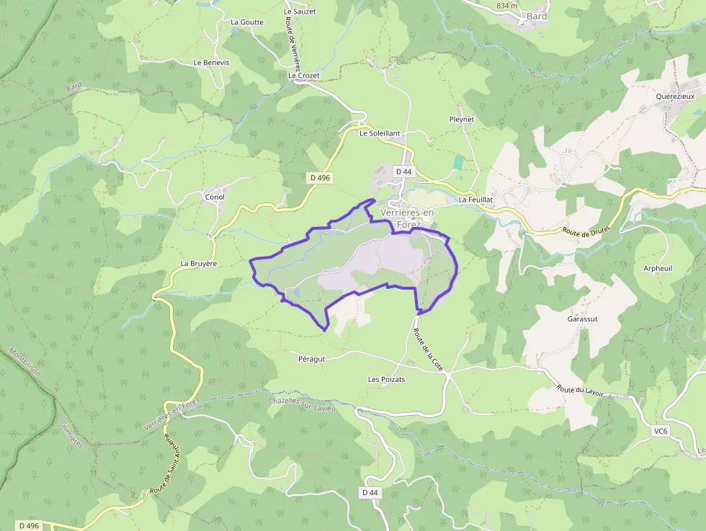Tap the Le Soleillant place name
point(380,133)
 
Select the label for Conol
point(215,197)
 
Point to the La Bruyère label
point(199,264)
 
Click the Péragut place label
point(312,358)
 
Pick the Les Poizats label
point(387,379)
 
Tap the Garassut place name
point(583,318)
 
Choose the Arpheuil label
point(658,268)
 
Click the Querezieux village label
point(676,96)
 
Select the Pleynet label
point(462,120)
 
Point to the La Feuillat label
point(475,200)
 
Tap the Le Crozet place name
point(303,75)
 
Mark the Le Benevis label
point(211,63)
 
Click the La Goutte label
point(247,22)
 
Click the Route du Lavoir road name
point(580,391)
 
